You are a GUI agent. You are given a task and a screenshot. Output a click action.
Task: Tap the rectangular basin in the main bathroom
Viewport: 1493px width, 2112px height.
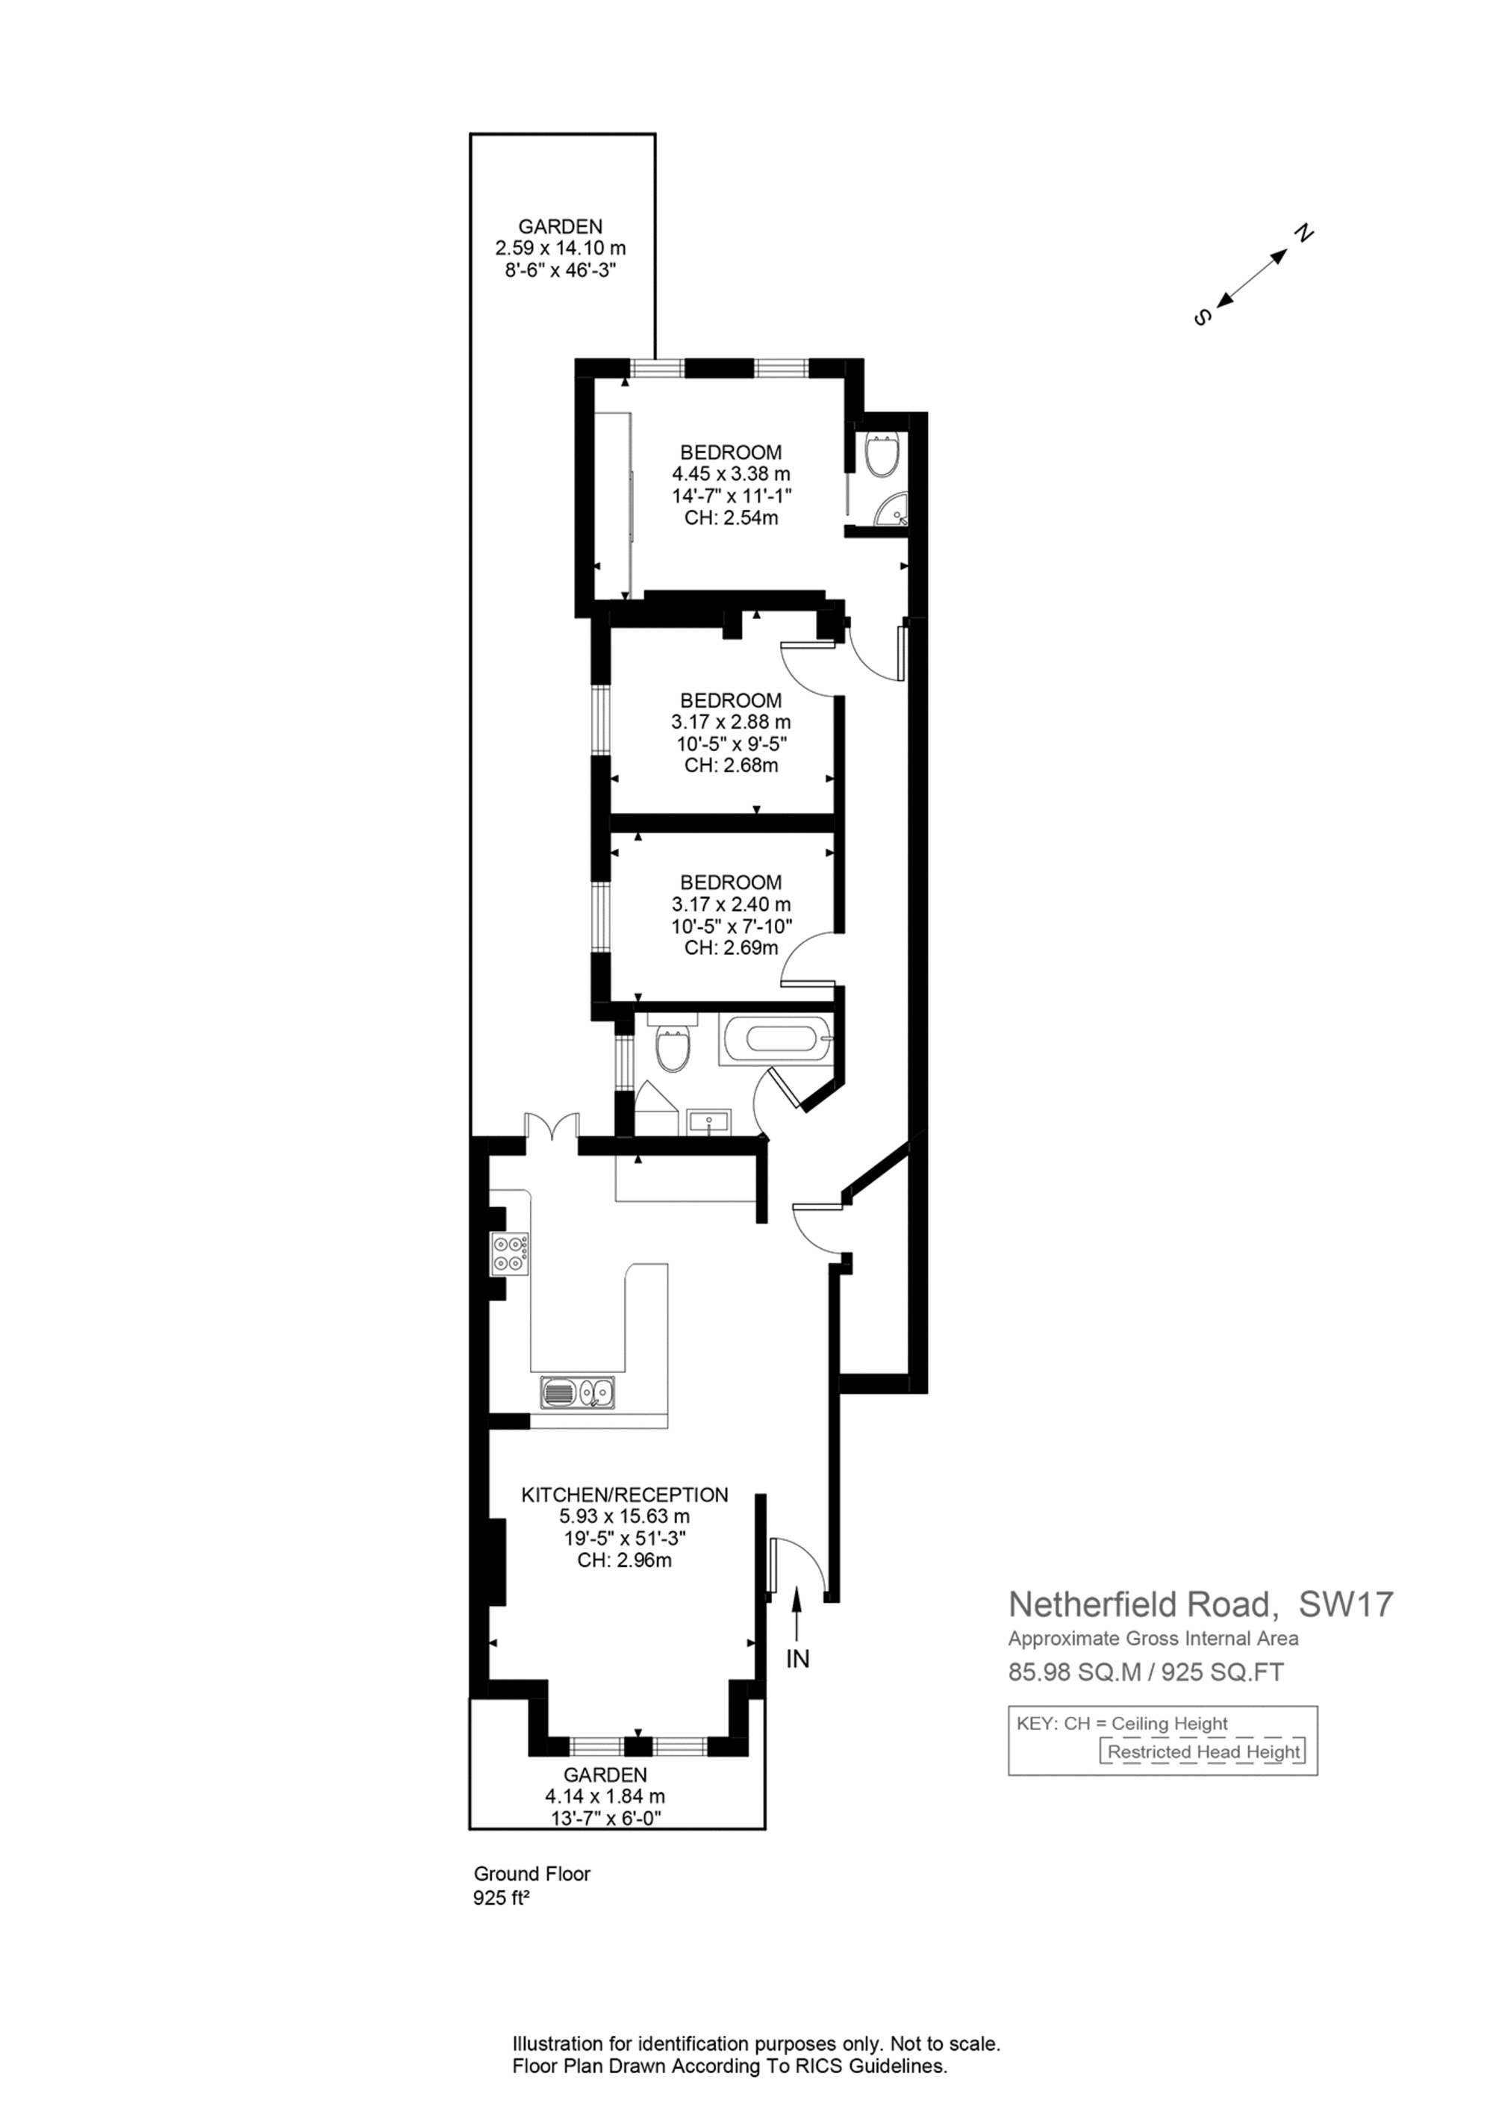pyautogui.click(x=708, y=1122)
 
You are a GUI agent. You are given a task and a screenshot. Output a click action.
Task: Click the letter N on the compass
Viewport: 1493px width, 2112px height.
pyautogui.click(x=1303, y=234)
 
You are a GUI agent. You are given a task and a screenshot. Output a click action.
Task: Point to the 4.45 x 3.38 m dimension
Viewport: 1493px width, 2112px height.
pyautogui.click(x=732, y=474)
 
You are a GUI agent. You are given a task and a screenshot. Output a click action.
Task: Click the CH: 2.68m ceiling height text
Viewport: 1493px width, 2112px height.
pyautogui.click(x=732, y=765)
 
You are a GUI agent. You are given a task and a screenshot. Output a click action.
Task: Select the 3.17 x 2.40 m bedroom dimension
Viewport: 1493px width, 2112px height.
pyautogui.click(x=732, y=904)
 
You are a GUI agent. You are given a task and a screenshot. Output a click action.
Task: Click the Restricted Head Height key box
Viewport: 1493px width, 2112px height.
pyautogui.click(x=1203, y=1751)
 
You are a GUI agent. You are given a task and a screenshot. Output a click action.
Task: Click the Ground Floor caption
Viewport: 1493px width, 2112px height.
pyautogui.click(x=532, y=1873)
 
